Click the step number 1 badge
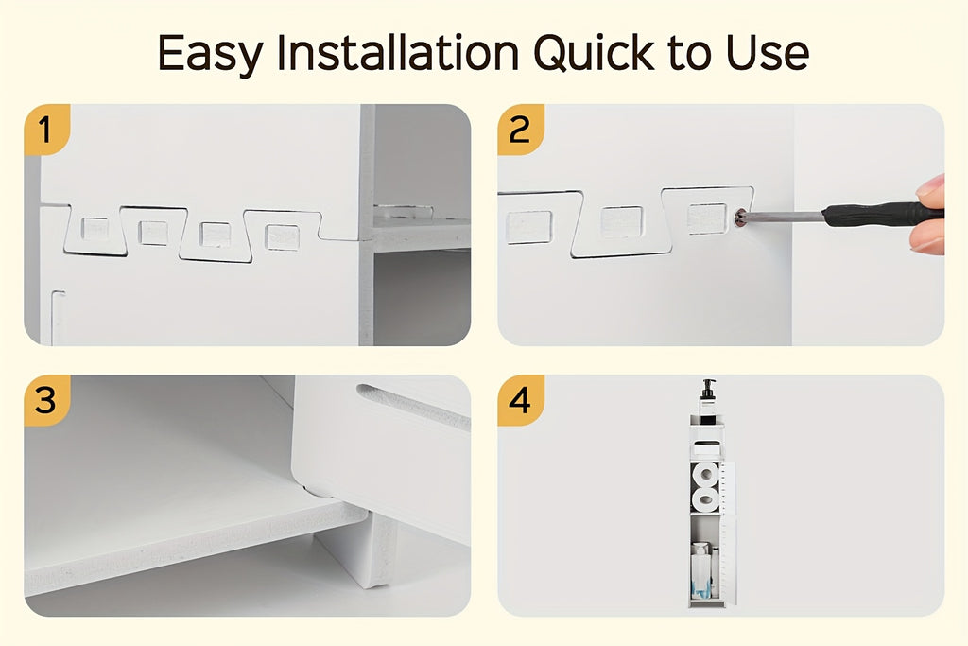45,129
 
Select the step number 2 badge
520,129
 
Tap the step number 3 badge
45,400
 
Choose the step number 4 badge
520,400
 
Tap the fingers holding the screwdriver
930,214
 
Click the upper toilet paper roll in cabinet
704,474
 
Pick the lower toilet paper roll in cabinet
704,498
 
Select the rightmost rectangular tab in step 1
282,236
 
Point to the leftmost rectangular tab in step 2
529,227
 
